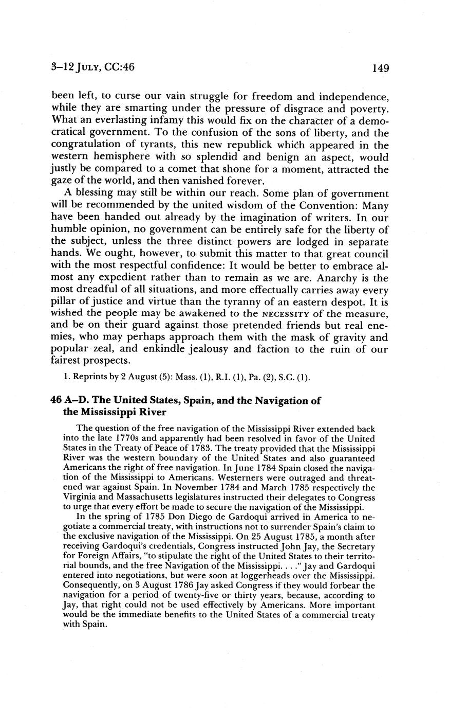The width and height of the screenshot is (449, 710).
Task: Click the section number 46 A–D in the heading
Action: (70, 401)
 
